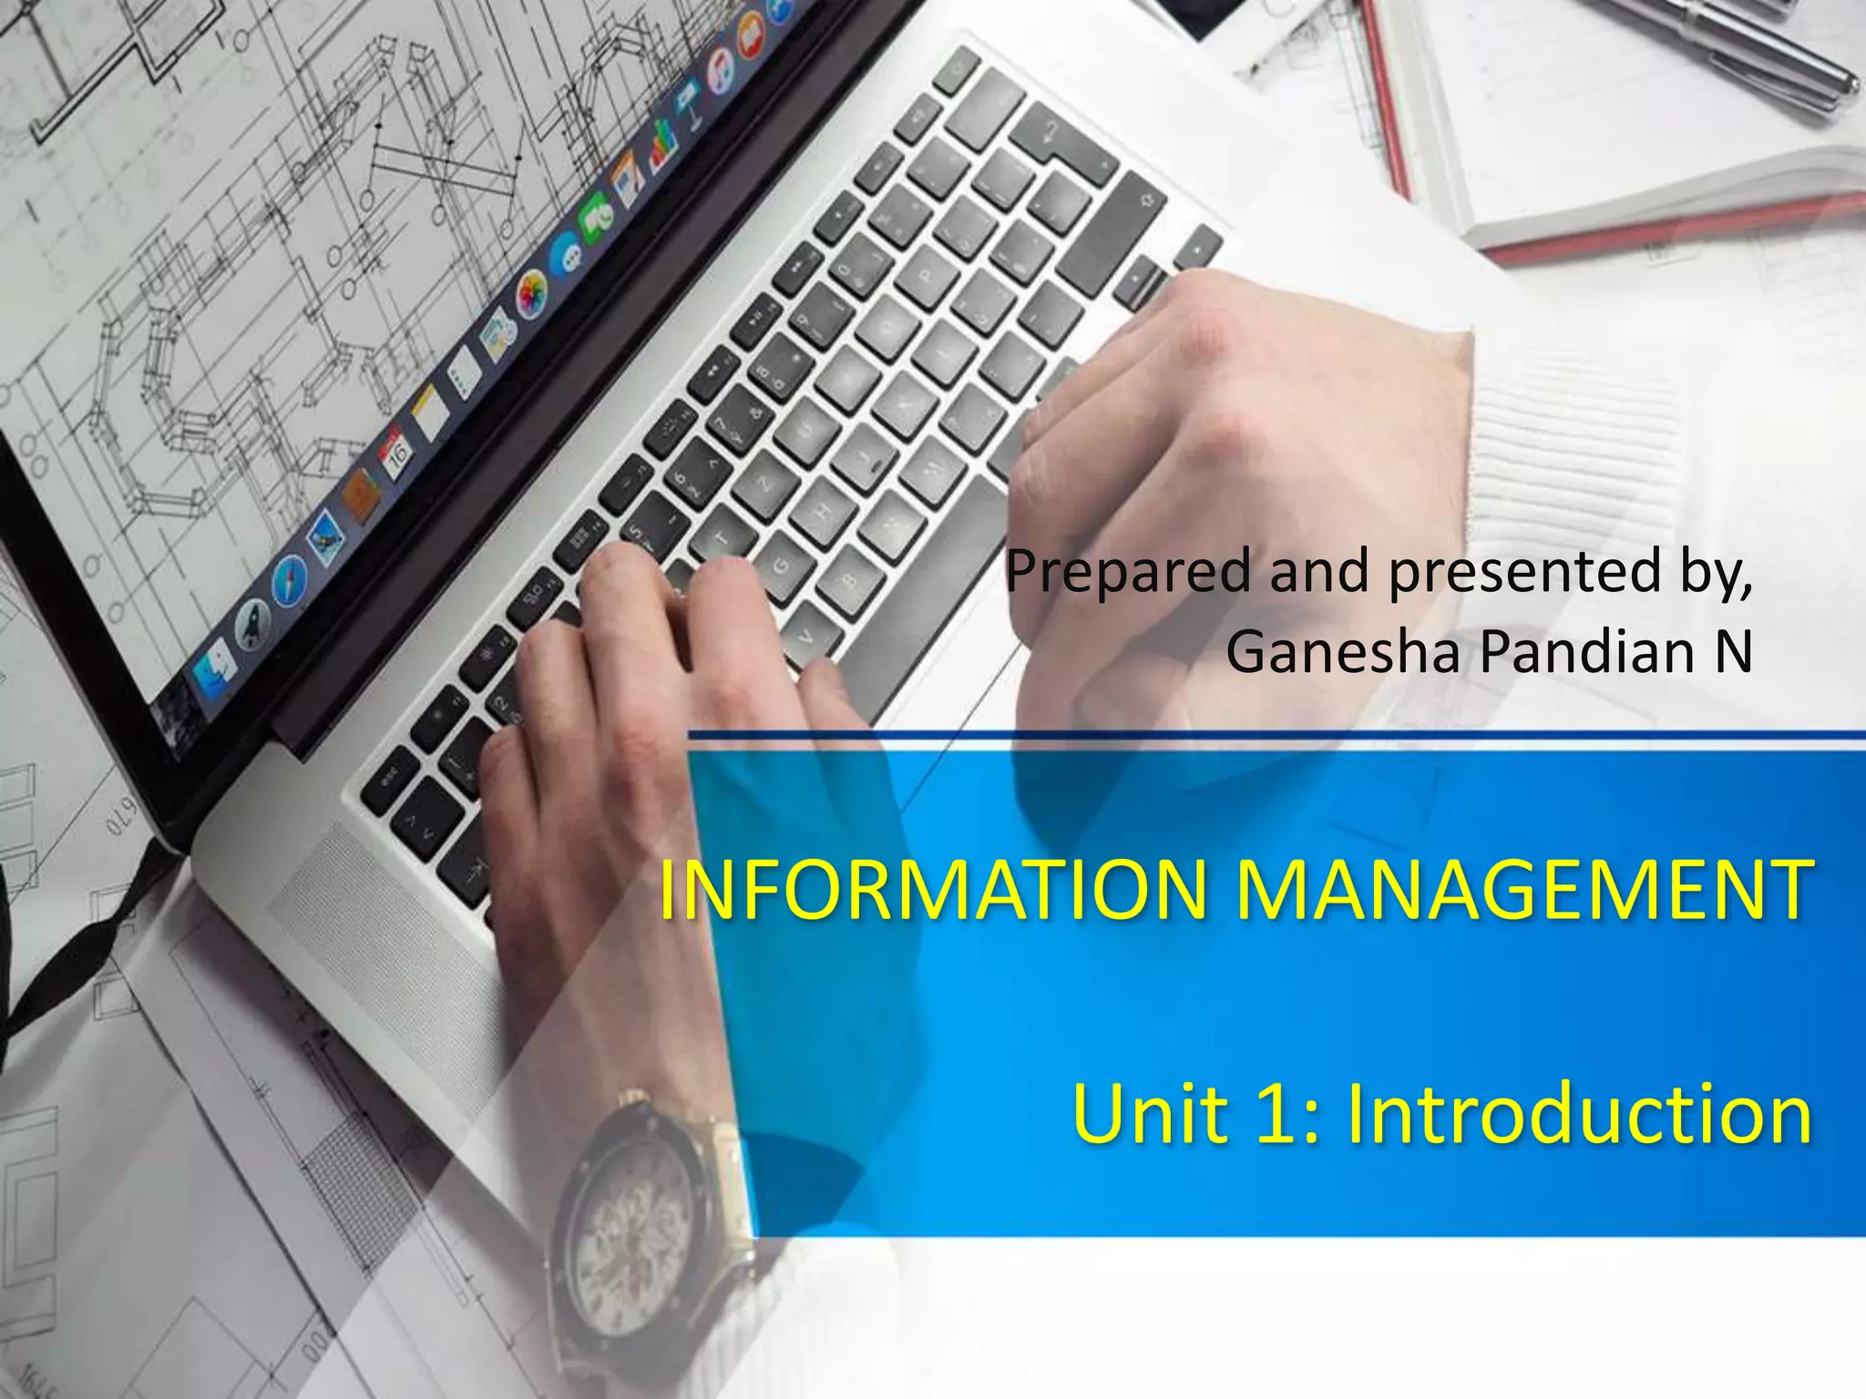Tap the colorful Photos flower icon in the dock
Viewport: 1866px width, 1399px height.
(x=530, y=295)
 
